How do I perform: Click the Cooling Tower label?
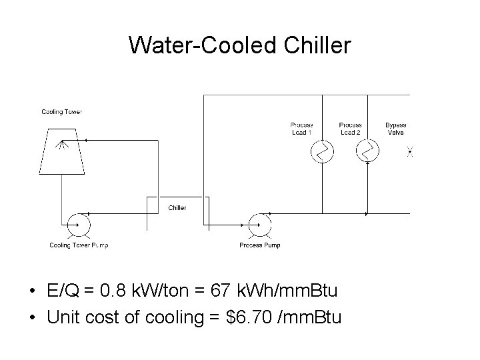[x=62, y=111]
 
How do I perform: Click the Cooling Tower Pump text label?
[x=79, y=245]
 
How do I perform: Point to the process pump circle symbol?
[x=259, y=225]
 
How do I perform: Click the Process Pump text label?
[x=260, y=245]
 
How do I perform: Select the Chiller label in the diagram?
[x=177, y=207]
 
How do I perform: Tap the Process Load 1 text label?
[x=302, y=129]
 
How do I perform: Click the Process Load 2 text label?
[x=350, y=129]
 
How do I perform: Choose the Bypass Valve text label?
[x=395, y=129]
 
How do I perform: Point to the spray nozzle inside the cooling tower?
[x=62, y=143]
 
